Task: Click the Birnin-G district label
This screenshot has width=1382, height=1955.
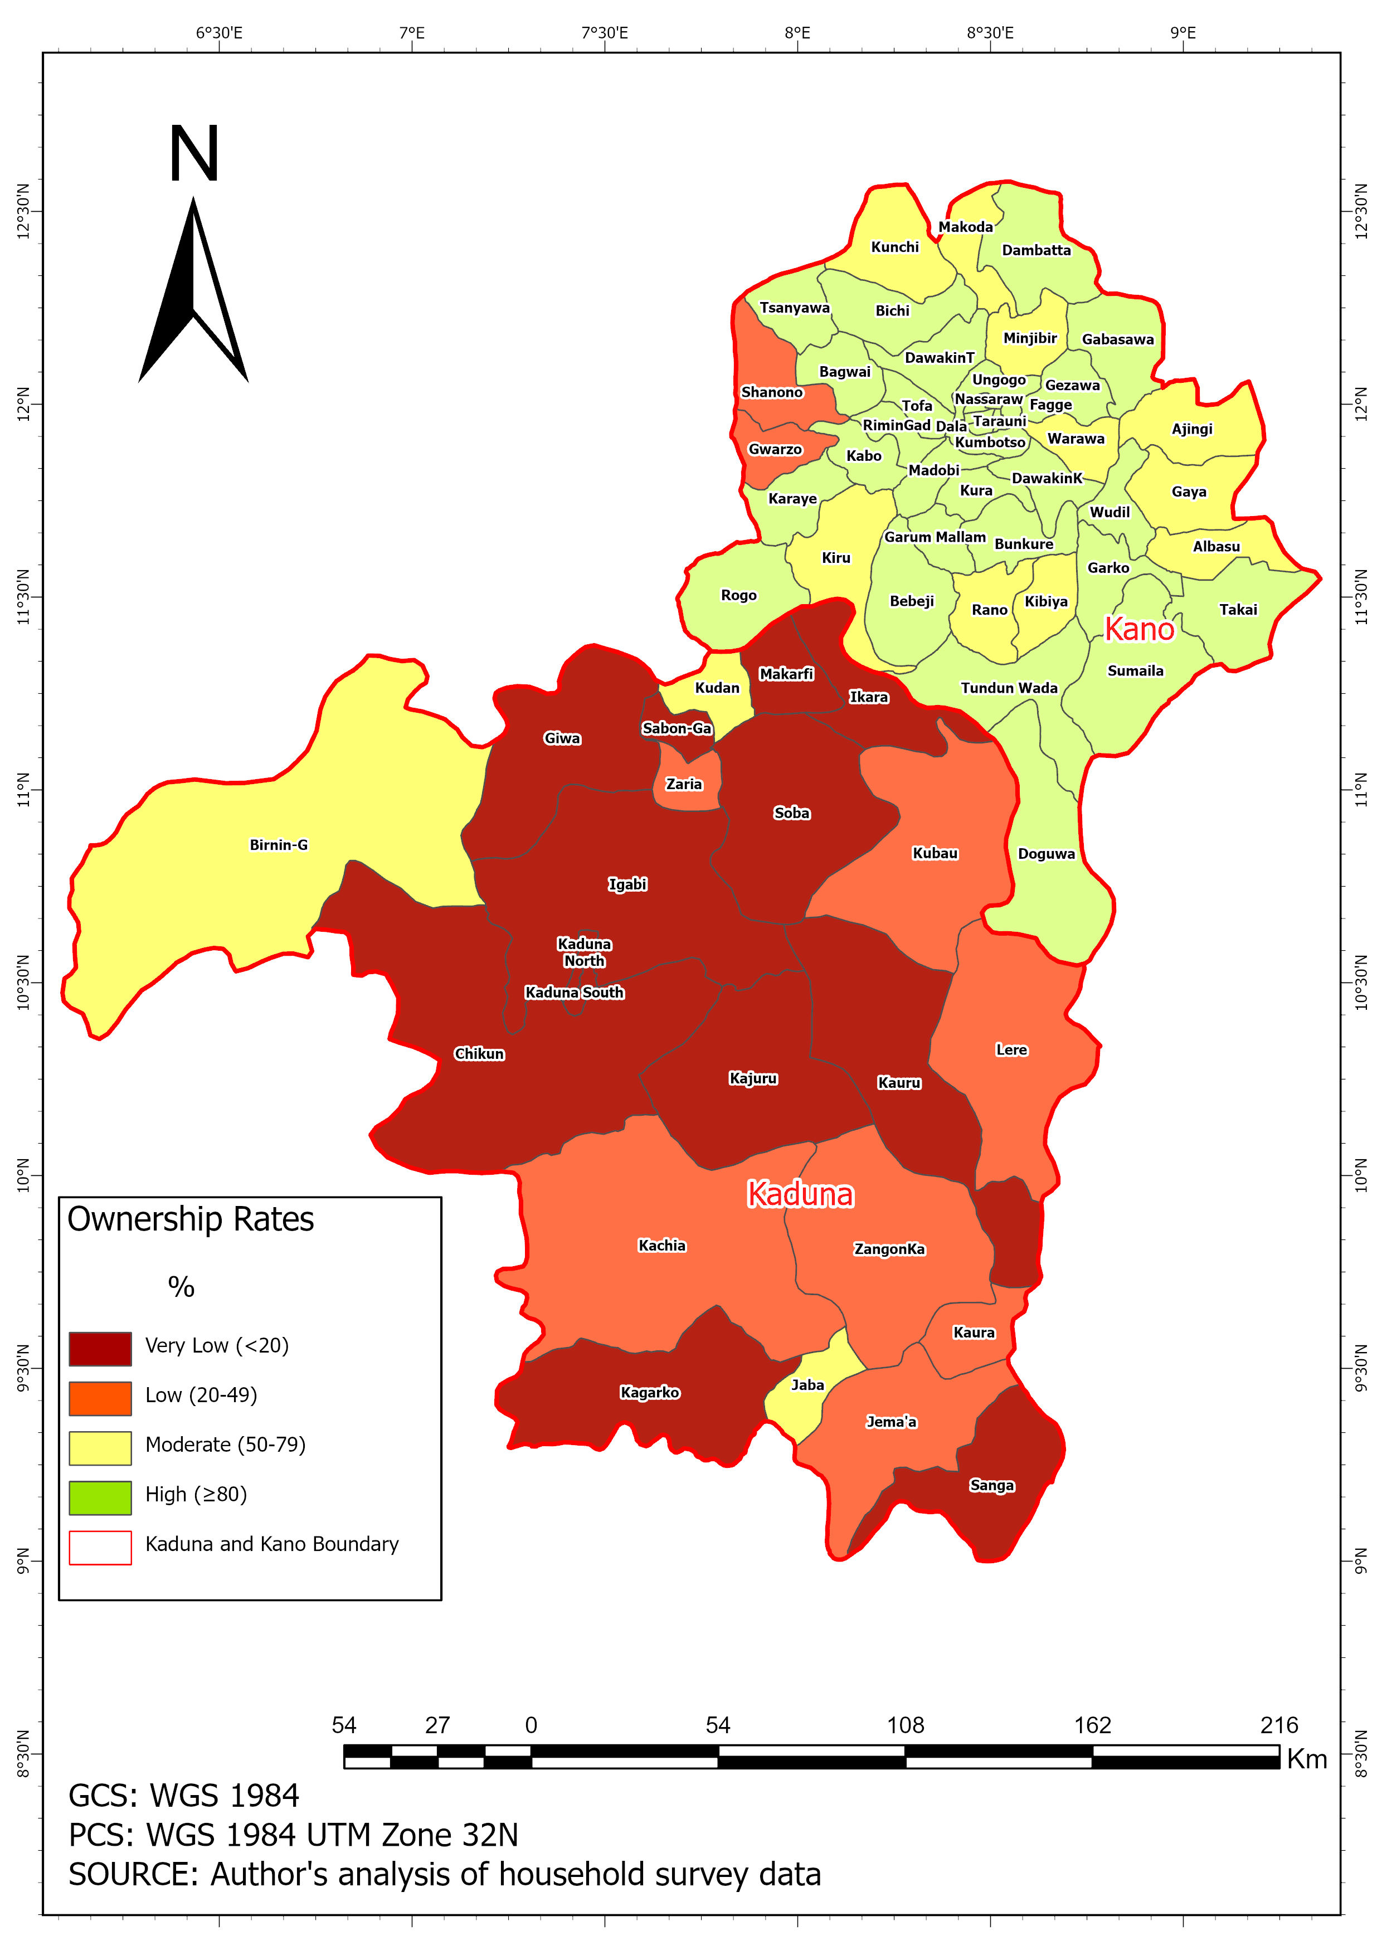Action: click(279, 845)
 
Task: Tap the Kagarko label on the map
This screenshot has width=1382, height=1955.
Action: click(650, 1392)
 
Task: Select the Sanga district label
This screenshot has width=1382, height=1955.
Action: click(992, 1485)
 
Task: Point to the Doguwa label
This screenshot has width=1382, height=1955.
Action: click(1047, 854)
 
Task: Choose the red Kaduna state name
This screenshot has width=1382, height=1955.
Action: click(800, 1195)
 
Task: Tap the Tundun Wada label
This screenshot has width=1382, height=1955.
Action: click(1009, 688)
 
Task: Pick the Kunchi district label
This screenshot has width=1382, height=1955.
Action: click(895, 247)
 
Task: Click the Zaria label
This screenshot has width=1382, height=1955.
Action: click(684, 784)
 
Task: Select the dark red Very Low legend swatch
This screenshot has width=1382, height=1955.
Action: click(100, 1349)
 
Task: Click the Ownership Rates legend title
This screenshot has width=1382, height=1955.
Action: click(191, 1219)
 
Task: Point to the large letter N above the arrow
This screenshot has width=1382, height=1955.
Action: click(194, 154)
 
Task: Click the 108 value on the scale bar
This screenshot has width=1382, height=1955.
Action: click(905, 1725)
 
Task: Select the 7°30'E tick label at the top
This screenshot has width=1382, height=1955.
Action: click(605, 33)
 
